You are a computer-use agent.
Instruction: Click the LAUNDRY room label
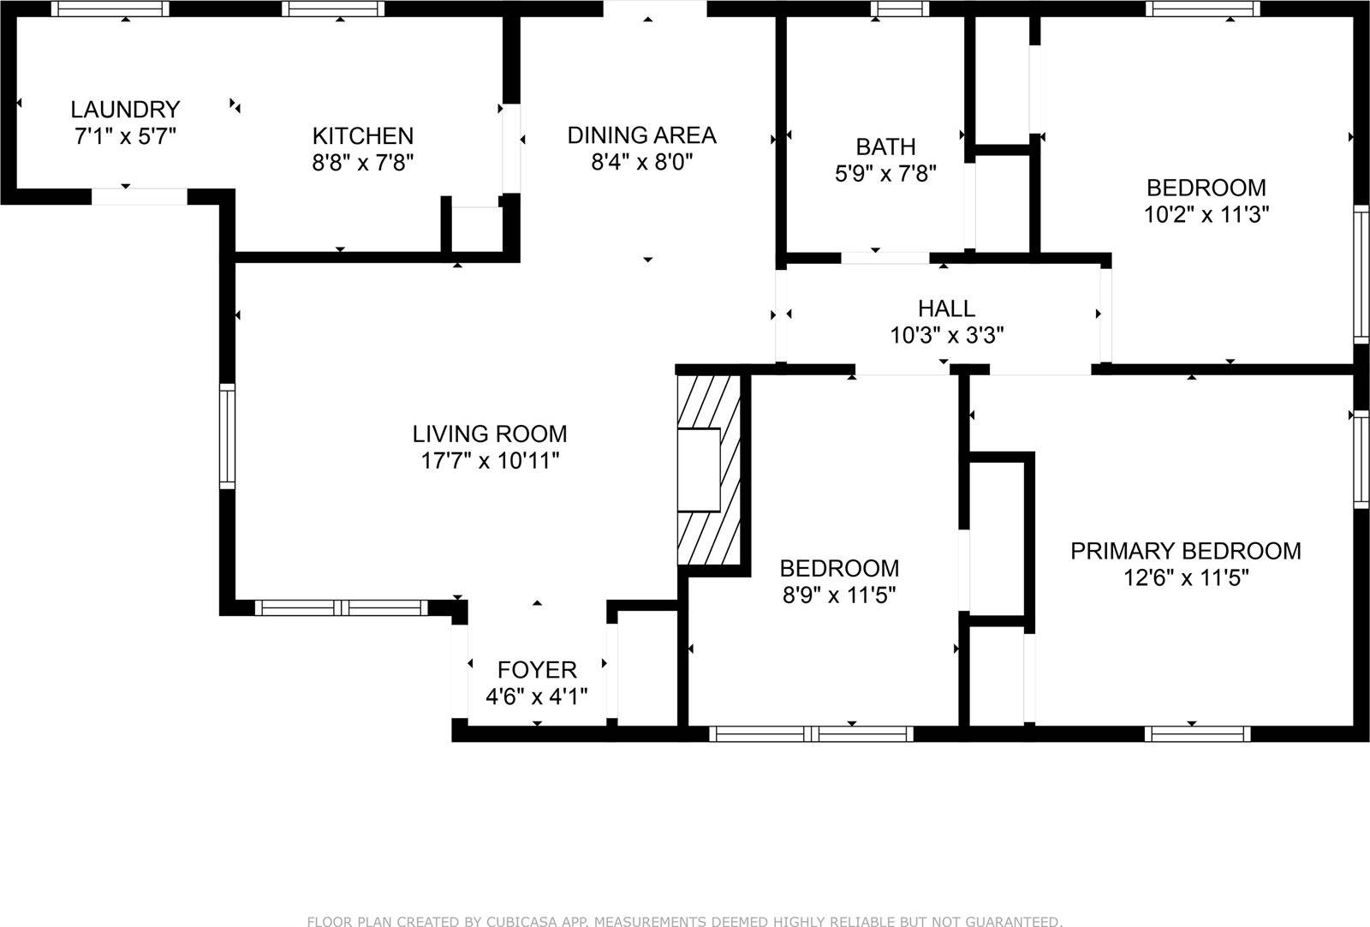click(125, 110)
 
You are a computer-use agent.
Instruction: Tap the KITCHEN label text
click(362, 135)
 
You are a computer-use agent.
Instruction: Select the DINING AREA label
click(641, 135)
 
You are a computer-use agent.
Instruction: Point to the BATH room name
click(885, 147)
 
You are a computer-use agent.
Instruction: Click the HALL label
click(946, 308)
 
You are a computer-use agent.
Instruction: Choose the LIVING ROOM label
click(490, 434)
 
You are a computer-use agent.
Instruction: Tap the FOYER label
click(537, 669)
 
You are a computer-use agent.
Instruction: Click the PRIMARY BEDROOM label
click(1186, 551)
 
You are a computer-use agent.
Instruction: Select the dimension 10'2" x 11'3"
click(1206, 214)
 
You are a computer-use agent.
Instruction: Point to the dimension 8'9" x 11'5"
click(839, 595)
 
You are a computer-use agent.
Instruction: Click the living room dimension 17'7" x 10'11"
click(490, 461)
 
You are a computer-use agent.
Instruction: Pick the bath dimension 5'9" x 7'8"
click(885, 174)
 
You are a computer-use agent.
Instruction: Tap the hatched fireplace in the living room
click(708, 469)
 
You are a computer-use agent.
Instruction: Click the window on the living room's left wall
click(227, 436)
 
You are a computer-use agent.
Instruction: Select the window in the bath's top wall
click(900, 9)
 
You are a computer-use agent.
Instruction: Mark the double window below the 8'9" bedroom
click(811, 733)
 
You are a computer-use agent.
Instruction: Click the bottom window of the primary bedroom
click(1197, 733)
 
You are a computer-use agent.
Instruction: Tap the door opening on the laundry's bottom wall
click(139, 196)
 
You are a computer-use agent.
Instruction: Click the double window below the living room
click(341, 608)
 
